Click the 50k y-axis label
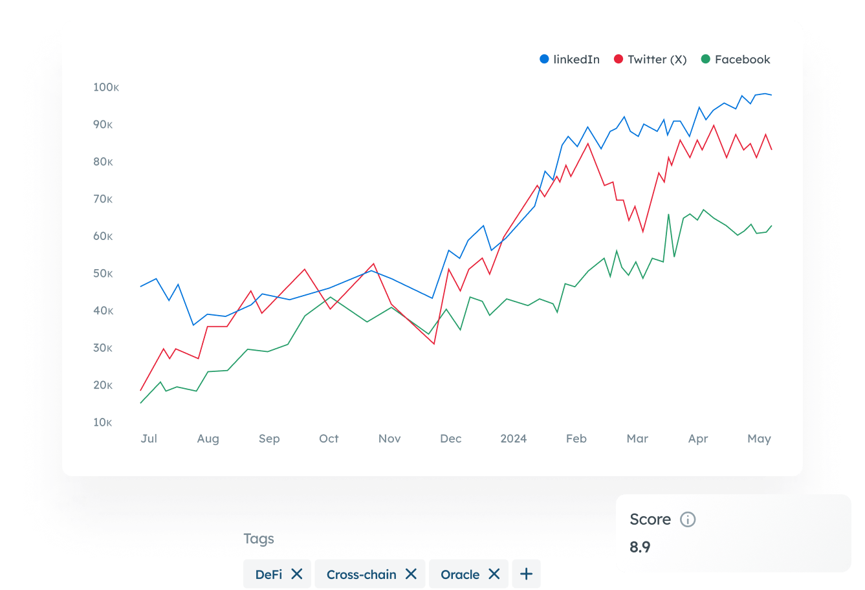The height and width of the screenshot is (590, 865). (x=103, y=274)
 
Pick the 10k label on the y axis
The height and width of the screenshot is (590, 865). (x=103, y=422)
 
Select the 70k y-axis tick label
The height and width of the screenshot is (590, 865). (x=103, y=199)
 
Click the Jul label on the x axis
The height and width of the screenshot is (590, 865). (x=149, y=439)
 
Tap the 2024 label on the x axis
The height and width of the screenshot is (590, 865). (x=514, y=439)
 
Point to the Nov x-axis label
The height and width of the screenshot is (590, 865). (x=389, y=439)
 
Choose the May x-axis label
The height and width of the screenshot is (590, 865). (x=759, y=439)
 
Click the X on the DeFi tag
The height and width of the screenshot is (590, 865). (x=297, y=574)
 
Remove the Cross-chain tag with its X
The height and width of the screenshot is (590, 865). (x=411, y=574)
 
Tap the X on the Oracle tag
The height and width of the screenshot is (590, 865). (x=494, y=574)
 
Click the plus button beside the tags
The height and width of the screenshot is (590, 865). (x=526, y=574)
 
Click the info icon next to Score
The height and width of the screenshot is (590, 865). (x=688, y=519)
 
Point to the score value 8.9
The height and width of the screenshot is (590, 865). (x=640, y=547)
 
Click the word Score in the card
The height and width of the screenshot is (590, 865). (x=650, y=519)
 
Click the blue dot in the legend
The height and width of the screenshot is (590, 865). (x=544, y=60)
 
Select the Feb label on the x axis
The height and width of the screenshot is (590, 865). (x=576, y=439)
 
